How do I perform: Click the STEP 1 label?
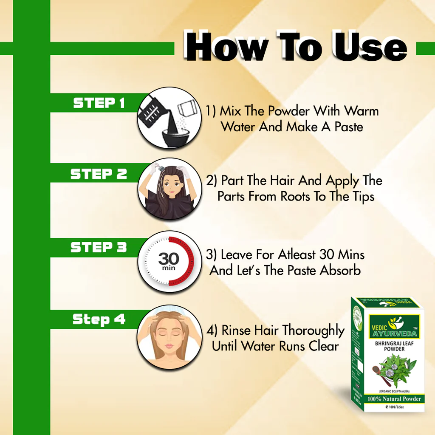pyautogui.click(x=99, y=103)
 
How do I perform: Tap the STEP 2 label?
pyautogui.click(x=99, y=174)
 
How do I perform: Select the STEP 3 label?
pyautogui.click(x=99, y=248)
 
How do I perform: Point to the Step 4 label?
pyautogui.click(x=99, y=319)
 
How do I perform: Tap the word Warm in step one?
pyautogui.click(x=361, y=111)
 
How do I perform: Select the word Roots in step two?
pyautogui.click(x=296, y=196)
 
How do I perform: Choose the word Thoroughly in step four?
pyautogui.click(x=313, y=330)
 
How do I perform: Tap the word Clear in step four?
pyautogui.click(x=324, y=346)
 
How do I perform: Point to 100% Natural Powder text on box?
pyautogui.click(x=395, y=399)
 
